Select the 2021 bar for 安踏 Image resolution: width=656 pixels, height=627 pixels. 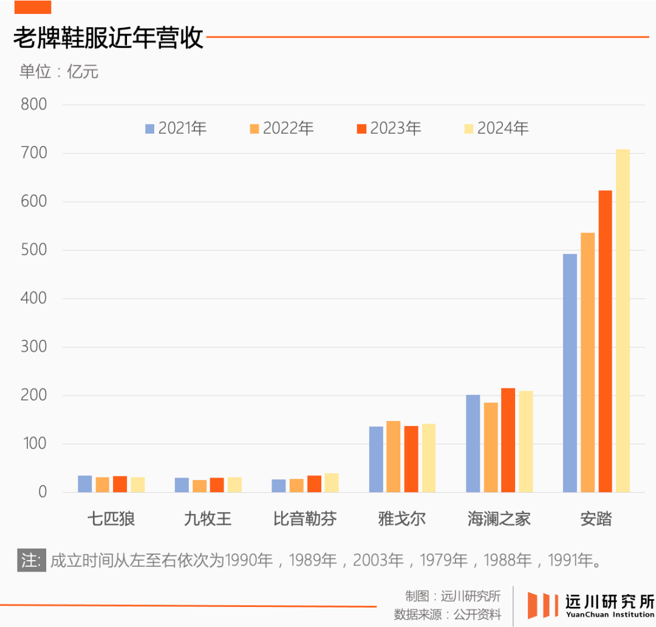pos(570,373)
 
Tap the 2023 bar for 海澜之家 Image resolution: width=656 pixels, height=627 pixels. pos(508,440)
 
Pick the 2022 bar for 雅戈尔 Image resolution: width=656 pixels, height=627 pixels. pos(393,456)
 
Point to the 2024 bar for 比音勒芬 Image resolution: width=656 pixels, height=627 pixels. pos(331,482)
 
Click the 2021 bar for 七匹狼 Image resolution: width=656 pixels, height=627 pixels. pos(85,484)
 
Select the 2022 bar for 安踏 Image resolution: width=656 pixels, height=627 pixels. pos(587,362)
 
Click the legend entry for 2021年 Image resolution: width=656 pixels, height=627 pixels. pos(176,128)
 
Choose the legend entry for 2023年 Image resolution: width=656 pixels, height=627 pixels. pos(388,128)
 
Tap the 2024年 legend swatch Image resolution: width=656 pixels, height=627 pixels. pos(469,129)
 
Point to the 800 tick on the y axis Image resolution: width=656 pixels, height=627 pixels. pos(34,104)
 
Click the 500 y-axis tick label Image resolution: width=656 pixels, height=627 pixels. pos(34,250)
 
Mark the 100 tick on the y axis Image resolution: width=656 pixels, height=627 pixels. pos(34,444)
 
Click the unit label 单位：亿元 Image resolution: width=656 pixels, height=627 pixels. pos(59,72)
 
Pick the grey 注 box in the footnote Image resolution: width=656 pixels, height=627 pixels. pos(31,560)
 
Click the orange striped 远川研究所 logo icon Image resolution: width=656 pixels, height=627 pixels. pos(542,605)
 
